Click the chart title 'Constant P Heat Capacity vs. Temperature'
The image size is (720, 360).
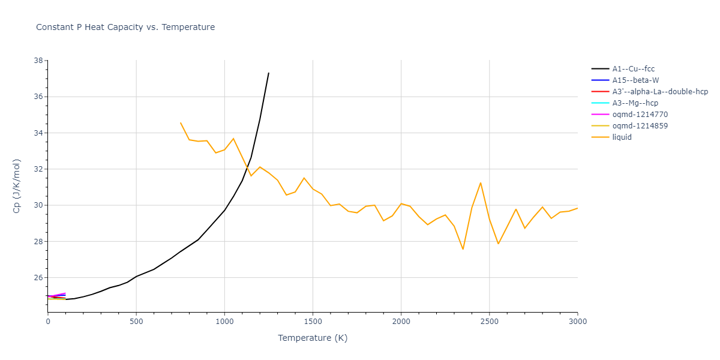pyautogui.click(x=125, y=27)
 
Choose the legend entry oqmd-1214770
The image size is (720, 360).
pyautogui.click(x=640, y=115)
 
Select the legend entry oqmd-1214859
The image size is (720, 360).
pyautogui.click(x=640, y=126)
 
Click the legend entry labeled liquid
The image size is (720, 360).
pyautogui.click(x=622, y=137)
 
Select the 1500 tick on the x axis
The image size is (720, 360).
pyautogui.click(x=313, y=322)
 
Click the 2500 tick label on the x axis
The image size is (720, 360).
pyautogui.click(x=489, y=322)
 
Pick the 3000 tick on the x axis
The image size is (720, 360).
pyautogui.click(x=577, y=322)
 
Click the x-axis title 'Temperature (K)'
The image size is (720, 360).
pyautogui.click(x=313, y=338)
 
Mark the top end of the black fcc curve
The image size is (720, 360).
pyautogui.click(x=268, y=73)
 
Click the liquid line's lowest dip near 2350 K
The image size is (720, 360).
pyautogui.click(x=463, y=249)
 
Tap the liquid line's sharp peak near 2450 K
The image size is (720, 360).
pyautogui.click(x=481, y=182)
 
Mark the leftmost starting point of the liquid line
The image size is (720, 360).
pyautogui.click(x=181, y=123)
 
